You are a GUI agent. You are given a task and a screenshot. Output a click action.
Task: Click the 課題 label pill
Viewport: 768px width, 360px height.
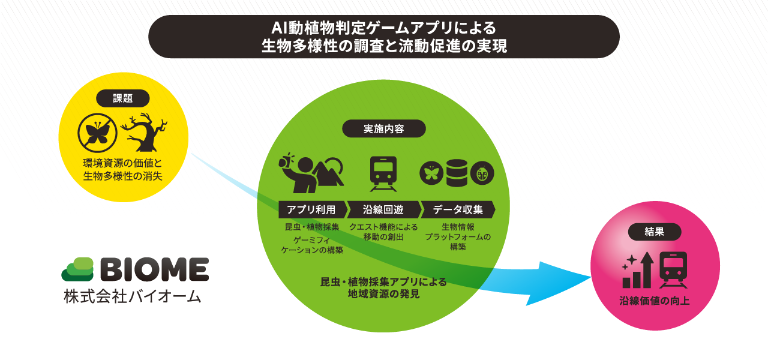(123, 99)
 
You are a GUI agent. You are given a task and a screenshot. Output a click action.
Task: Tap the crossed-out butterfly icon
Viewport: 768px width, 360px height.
(97, 133)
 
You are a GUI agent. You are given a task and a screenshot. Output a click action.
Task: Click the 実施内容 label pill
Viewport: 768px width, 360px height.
(384, 128)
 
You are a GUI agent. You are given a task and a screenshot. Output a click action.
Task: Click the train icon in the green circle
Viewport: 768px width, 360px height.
(383, 174)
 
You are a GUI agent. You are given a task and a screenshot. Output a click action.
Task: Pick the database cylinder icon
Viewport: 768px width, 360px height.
(457, 173)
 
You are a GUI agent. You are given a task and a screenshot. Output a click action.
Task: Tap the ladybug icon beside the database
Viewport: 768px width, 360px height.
(482, 173)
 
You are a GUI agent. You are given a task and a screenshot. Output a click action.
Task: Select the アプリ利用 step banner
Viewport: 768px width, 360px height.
(313, 209)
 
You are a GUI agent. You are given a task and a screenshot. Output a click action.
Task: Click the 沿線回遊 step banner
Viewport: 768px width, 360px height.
(384, 209)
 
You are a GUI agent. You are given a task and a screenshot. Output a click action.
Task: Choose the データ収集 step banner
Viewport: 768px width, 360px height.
(458, 209)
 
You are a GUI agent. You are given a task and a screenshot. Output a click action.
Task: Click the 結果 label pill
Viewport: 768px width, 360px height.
(655, 232)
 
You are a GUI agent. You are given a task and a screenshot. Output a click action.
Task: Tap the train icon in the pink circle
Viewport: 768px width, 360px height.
(673, 270)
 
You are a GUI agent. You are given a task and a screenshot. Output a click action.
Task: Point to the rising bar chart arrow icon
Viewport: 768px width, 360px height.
(638, 270)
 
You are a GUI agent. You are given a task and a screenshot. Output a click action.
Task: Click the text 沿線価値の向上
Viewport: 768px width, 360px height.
(655, 301)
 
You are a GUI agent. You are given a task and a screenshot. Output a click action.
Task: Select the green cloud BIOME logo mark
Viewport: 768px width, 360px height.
(77, 269)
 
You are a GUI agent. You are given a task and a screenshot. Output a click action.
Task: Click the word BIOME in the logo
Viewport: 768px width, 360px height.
(155, 269)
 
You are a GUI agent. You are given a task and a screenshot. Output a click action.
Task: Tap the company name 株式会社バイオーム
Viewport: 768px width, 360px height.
(133, 296)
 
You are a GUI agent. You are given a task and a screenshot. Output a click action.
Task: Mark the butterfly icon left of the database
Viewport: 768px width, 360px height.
(431, 173)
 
